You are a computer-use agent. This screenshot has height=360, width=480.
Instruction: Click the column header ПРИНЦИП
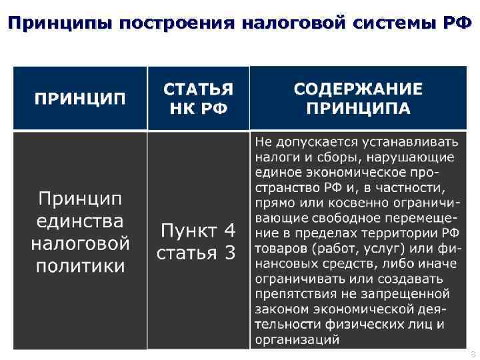coord(80,99)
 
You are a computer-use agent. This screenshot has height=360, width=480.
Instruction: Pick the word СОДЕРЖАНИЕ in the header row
coord(358,89)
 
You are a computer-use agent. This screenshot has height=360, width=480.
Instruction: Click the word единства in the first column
coord(80,221)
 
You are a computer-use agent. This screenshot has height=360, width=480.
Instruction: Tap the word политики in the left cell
coord(80,266)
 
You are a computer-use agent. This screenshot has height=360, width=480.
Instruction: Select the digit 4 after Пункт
coord(229,231)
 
